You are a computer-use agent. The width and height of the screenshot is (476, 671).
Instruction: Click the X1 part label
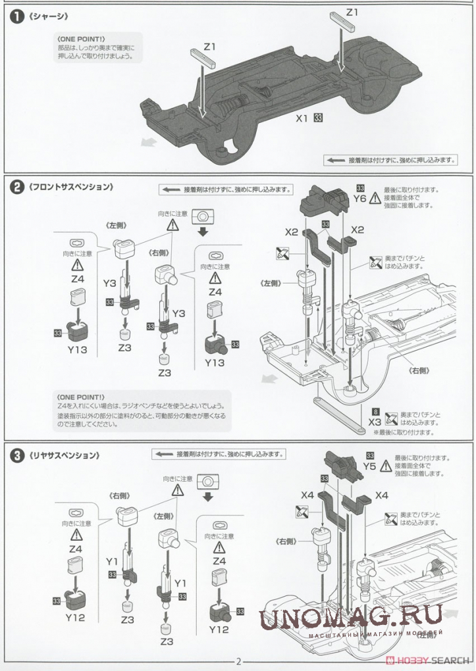302,118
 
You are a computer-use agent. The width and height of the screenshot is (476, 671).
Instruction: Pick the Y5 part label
369,466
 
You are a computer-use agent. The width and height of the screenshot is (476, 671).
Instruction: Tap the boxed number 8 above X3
375,412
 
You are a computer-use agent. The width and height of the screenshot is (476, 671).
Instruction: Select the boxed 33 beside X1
318,118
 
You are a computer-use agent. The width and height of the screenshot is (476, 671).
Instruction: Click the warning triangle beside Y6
375,197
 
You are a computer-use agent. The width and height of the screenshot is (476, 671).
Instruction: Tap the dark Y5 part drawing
342,466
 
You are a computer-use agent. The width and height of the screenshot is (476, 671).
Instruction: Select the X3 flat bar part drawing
340,414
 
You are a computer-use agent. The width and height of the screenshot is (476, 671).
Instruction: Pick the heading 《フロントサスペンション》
70,187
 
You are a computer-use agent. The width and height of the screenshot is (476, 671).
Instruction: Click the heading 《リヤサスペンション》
64,455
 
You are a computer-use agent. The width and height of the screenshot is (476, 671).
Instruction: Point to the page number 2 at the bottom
239,662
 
